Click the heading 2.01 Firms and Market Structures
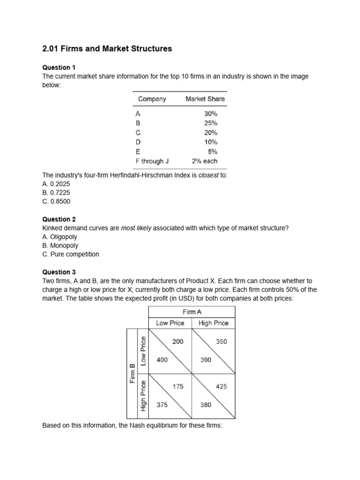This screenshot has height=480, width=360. click(107, 49)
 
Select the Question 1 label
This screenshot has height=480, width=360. click(59, 67)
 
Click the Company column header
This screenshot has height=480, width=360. click(152, 99)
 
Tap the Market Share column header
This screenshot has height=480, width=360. click(205, 99)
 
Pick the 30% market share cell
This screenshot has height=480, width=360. click(210, 113)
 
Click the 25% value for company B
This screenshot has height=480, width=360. click(210, 123)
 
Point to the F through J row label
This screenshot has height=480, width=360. click(152, 161)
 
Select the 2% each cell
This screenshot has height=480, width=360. click(205, 161)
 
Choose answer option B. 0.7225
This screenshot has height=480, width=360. click(56, 193)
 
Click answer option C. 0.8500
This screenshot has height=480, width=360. click(56, 202)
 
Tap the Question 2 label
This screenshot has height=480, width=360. click(59, 219)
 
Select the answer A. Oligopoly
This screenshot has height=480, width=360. click(60, 237)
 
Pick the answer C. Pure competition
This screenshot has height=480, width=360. click(71, 255)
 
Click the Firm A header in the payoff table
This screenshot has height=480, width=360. click(192, 312)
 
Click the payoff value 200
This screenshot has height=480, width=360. click(178, 342)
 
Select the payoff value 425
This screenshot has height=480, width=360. click(221, 387)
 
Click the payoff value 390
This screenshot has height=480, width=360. click(205, 360)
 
